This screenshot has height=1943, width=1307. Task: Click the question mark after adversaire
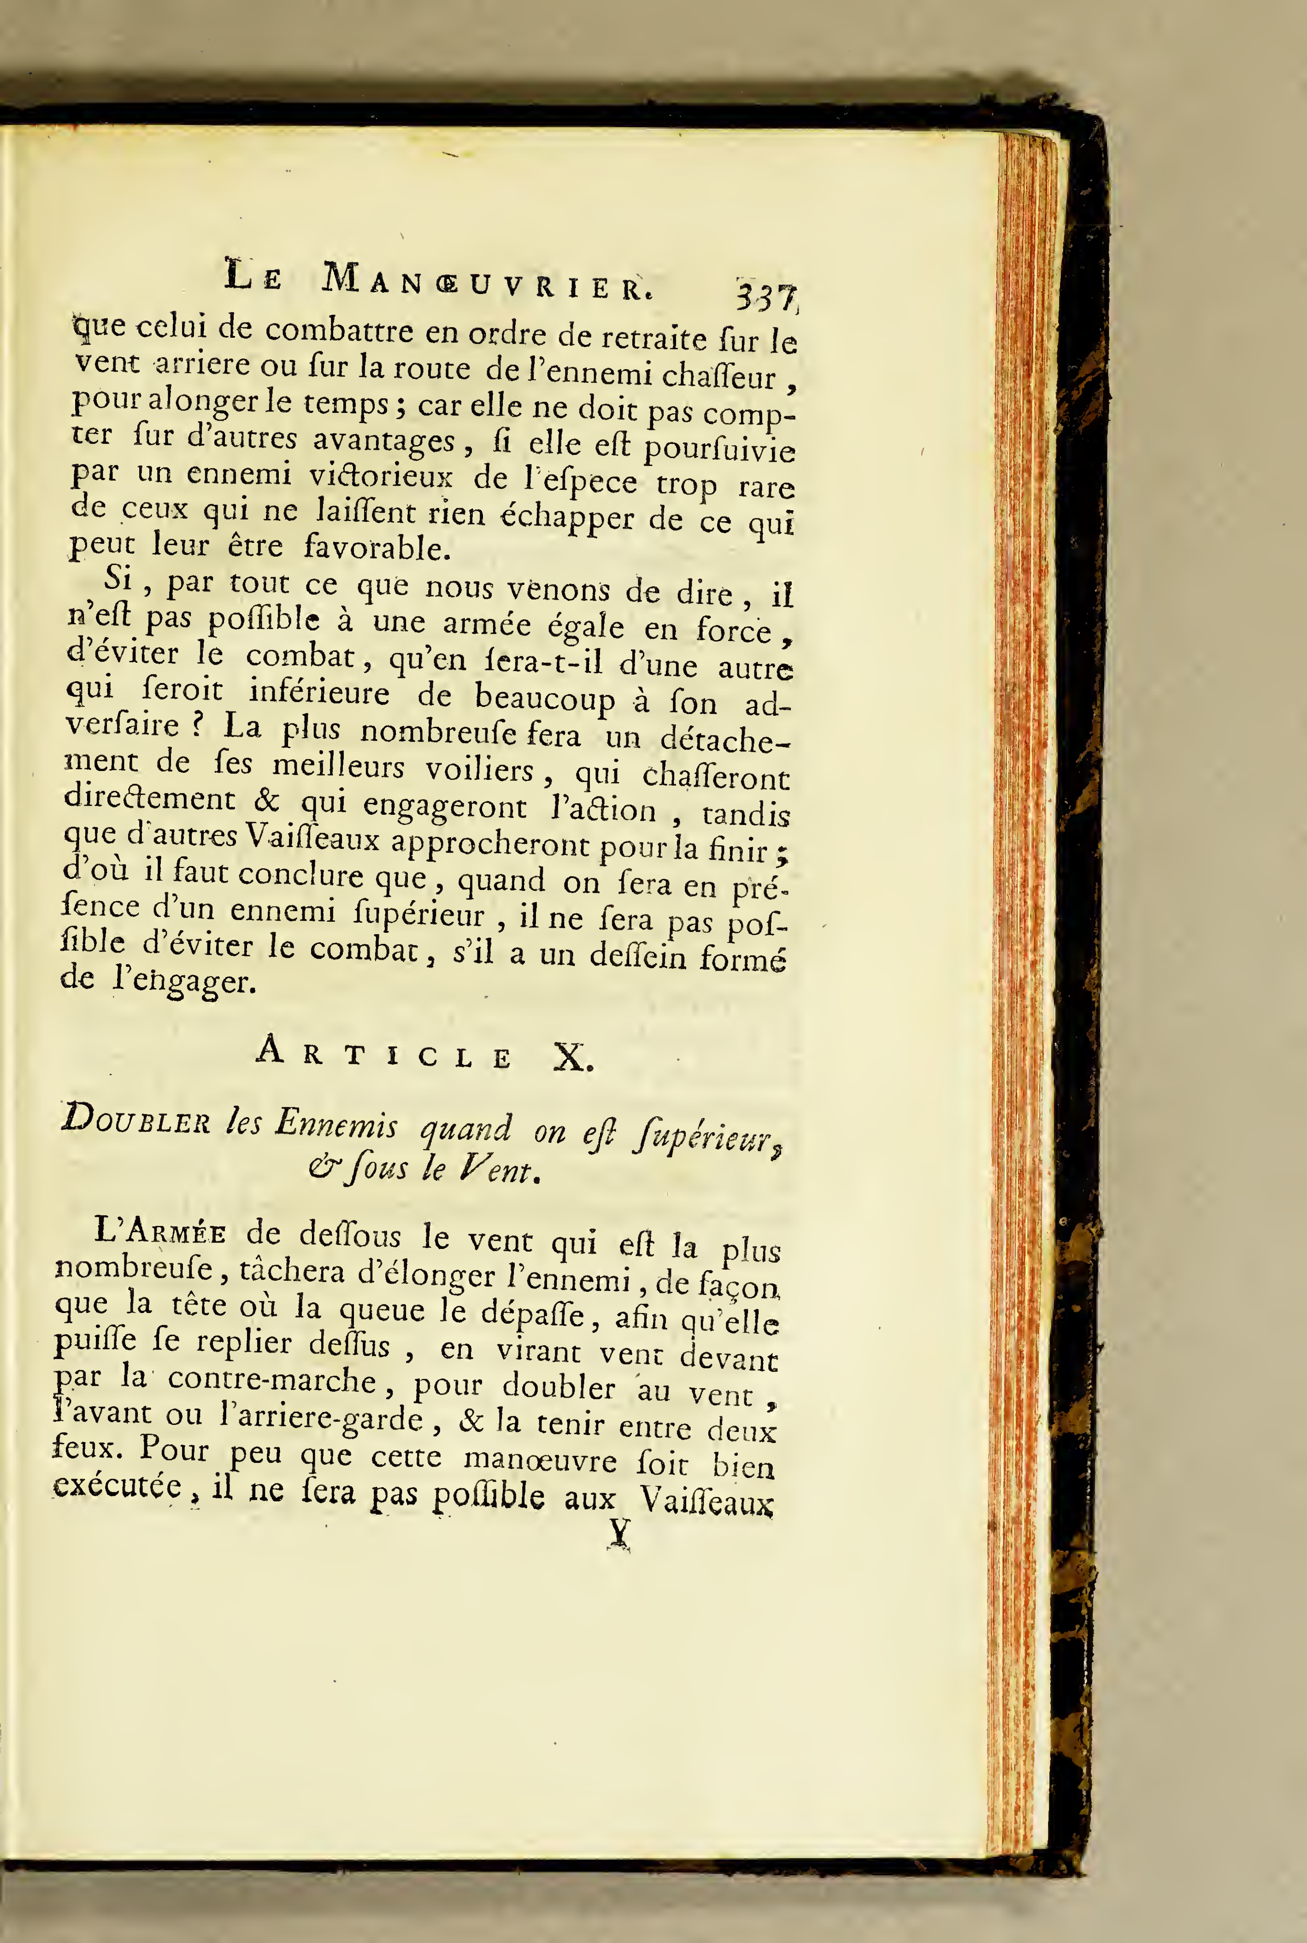coord(197,724)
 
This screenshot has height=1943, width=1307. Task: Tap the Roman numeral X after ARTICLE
coord(573,1059)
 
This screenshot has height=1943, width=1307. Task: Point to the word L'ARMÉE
coord(160,1231)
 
